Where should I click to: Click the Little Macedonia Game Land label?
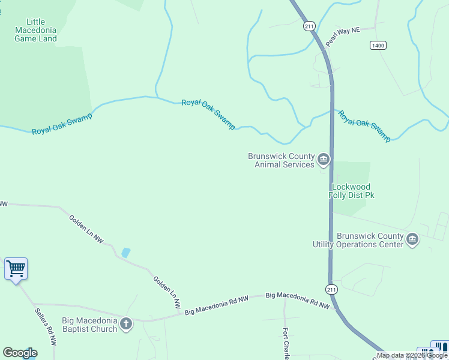tap(36, 30)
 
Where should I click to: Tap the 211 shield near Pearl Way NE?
tap(309, 26)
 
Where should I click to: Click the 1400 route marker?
tap(378, 45)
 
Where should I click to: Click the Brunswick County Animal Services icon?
tap(324, 159)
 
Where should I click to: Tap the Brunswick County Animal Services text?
tap(281, 160)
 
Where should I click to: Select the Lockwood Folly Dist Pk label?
tap(351, 191)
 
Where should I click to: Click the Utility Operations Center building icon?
tap(412, 239)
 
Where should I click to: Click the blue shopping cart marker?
tap(16, 269)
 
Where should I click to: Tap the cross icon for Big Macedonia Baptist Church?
tap(126, 324)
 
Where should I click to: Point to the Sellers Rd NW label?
tap(45, 328)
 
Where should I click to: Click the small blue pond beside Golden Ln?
tap(125, 253)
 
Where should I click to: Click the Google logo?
tap(20, 353)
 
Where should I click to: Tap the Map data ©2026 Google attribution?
tap(412, 355)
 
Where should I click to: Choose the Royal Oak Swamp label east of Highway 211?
tap(364, 125)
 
